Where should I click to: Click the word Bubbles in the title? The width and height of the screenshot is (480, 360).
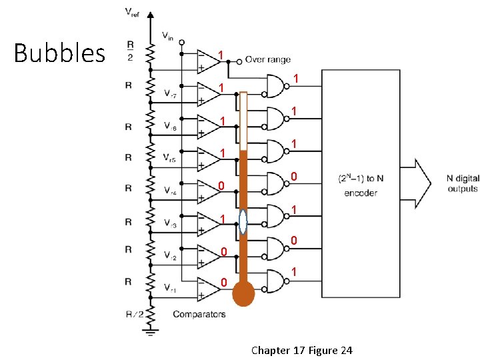[x=59, y=53]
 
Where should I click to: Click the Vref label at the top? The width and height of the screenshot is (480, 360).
[x=133, y=11]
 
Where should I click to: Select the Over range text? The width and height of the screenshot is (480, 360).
[x=267, y=59]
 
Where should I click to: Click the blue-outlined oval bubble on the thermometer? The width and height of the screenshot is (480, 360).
[x=243, y=222]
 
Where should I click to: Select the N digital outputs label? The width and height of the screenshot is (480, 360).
[x=463, y=183]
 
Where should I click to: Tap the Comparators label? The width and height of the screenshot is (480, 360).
[x=199, y=314]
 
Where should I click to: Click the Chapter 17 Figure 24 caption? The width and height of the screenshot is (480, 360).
[x=301, y=350]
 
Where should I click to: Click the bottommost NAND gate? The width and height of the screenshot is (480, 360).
[x=274, y=281]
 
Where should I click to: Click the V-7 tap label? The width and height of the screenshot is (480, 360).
[x=171, y=94]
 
